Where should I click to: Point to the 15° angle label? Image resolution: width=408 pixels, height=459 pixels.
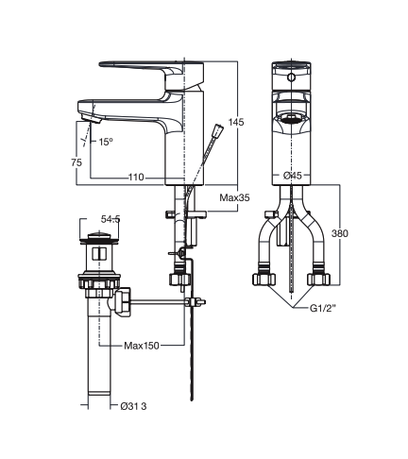click(107, 142)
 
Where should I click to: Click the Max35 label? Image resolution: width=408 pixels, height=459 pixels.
click(234, 198)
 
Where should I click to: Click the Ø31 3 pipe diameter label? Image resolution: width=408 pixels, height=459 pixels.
click(134, 407)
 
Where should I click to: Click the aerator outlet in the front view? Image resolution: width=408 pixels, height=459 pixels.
click(293, 120)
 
